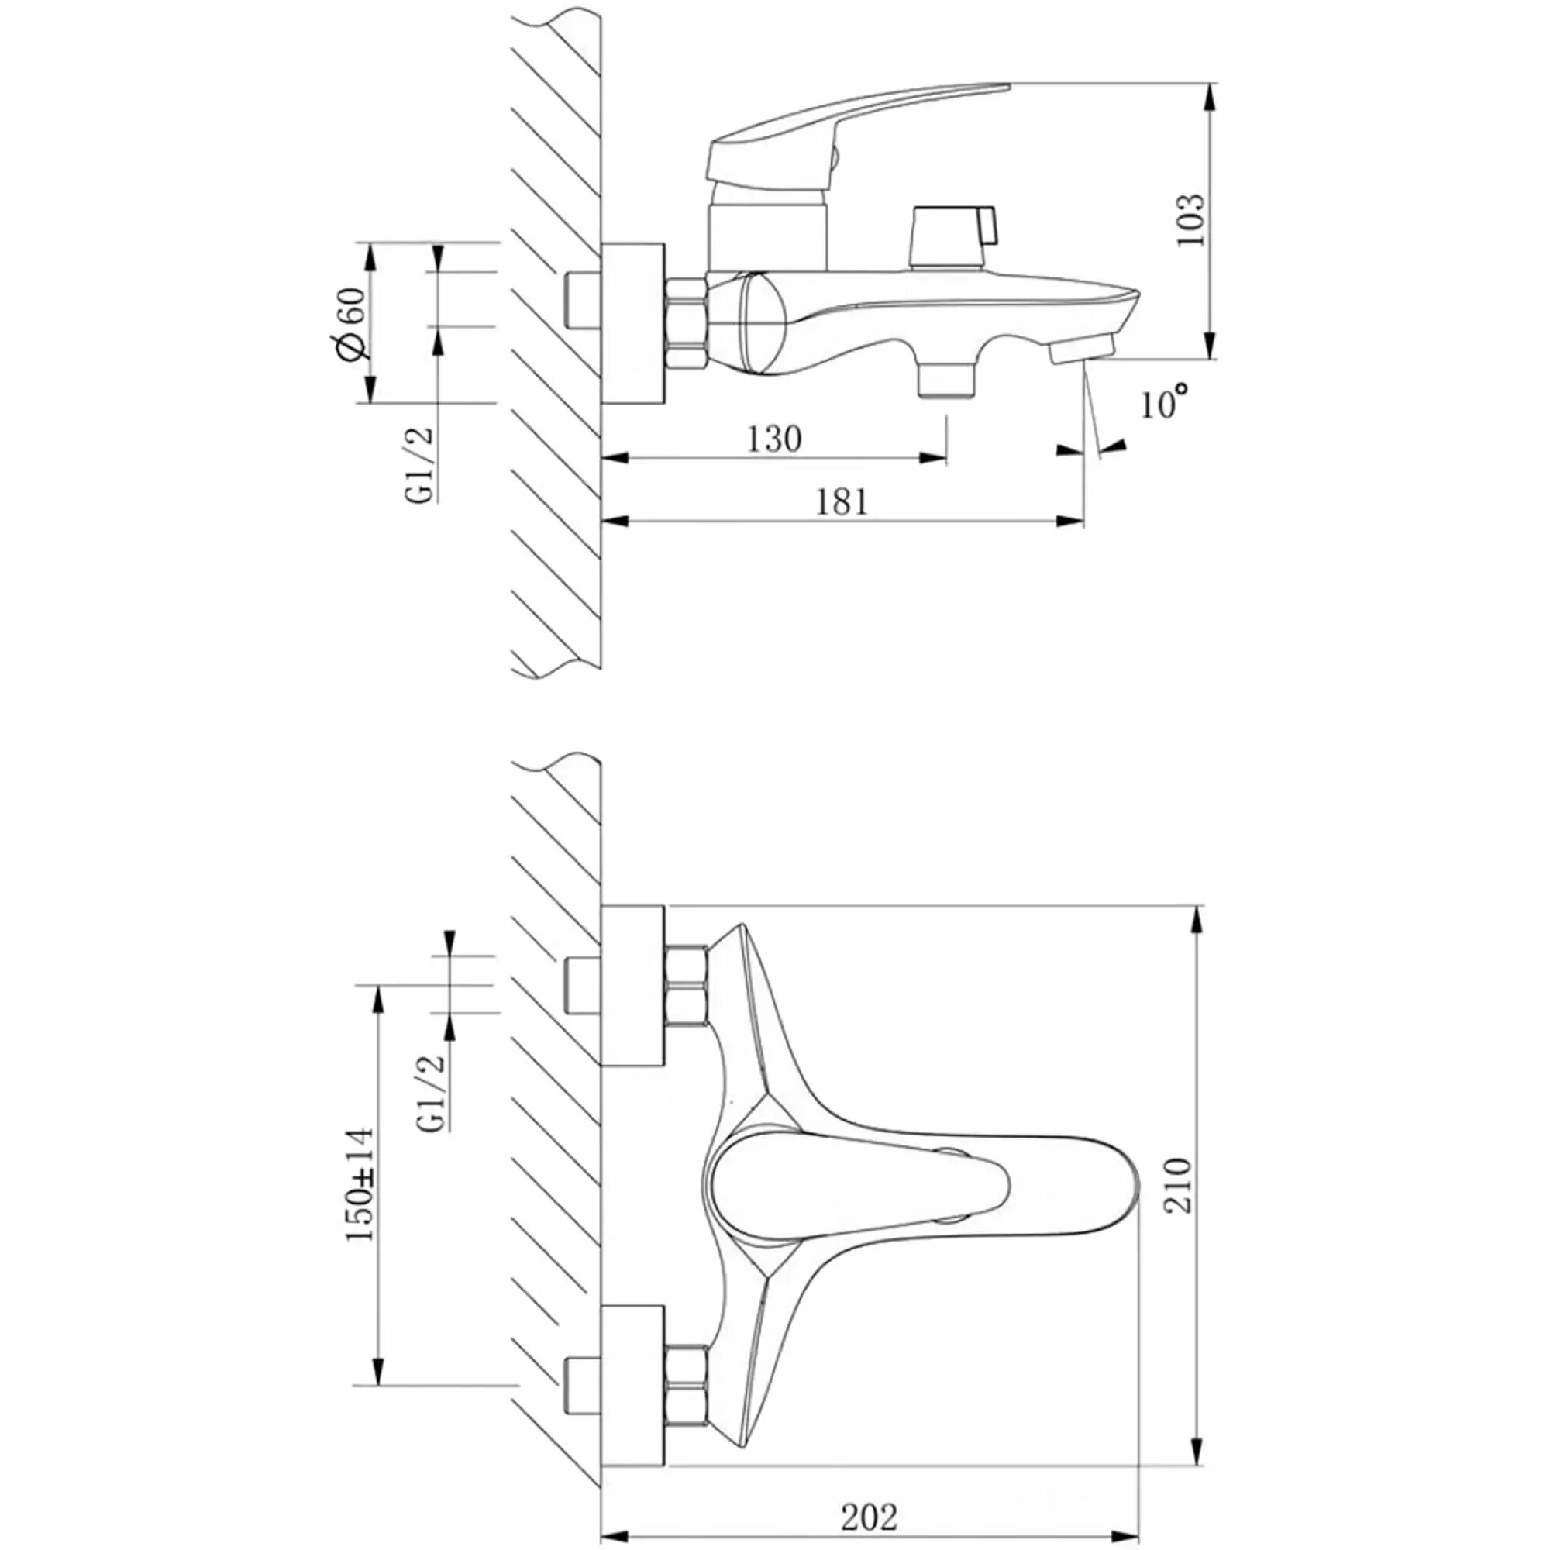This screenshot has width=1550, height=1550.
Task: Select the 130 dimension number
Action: (774, 439)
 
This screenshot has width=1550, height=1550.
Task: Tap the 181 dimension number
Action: (842, 503)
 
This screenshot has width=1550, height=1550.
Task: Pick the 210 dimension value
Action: (1179, 1184)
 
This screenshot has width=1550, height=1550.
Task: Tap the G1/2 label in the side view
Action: (419, 465)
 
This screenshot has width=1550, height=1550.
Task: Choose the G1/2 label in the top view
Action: (432, 1093)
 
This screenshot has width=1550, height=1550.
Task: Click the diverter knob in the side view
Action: (949, 236)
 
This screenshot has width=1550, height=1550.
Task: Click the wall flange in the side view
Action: (633, 323)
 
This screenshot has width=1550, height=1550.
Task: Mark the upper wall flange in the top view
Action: (633, 986)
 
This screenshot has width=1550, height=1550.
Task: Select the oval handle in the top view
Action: (859, 1185)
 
